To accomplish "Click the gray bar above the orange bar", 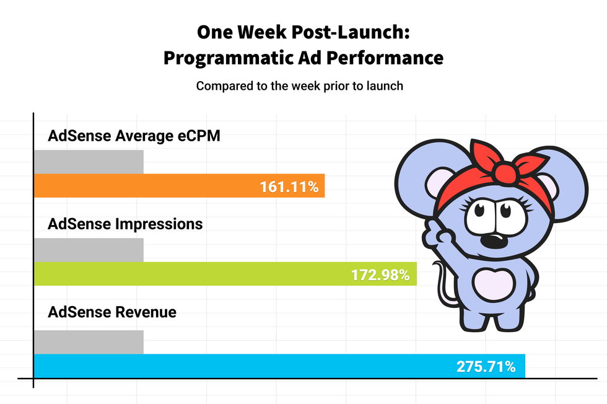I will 89,161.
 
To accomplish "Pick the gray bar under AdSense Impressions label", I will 89,250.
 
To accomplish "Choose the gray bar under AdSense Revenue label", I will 89,341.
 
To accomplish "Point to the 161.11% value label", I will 289,187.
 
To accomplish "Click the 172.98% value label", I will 380,274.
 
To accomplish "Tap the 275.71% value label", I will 486,366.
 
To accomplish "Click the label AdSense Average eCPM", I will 134,136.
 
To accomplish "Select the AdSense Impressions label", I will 125,224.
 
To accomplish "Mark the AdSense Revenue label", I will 112,312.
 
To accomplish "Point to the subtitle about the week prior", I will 300,86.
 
